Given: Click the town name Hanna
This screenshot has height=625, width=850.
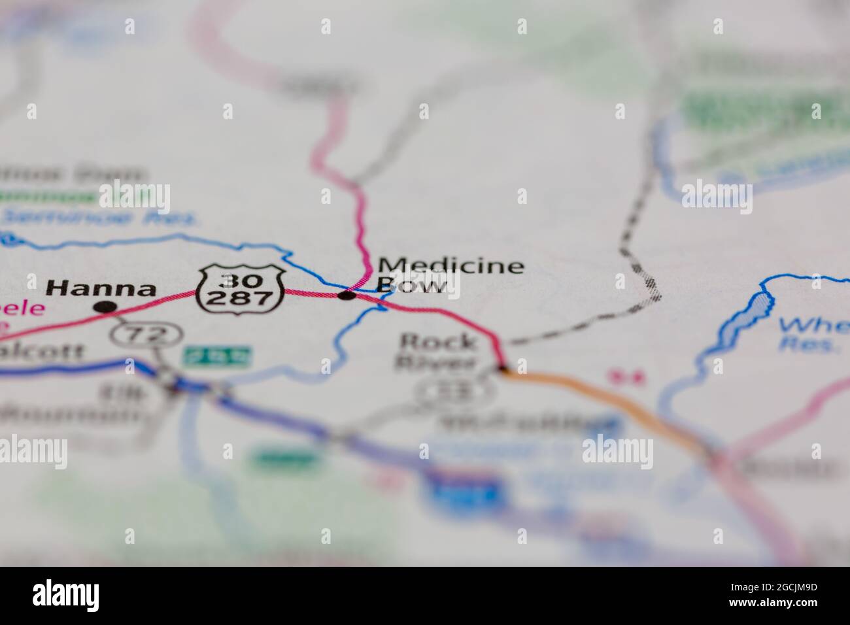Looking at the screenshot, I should tap(101, 288).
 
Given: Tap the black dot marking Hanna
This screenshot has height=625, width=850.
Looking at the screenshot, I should tap(105, 307).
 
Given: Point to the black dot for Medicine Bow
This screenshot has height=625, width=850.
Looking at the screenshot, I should tap(347, 296).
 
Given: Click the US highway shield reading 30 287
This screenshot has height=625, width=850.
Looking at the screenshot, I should tap(241, 288).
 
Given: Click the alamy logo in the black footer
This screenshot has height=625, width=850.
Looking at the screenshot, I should tap(66, 595).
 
